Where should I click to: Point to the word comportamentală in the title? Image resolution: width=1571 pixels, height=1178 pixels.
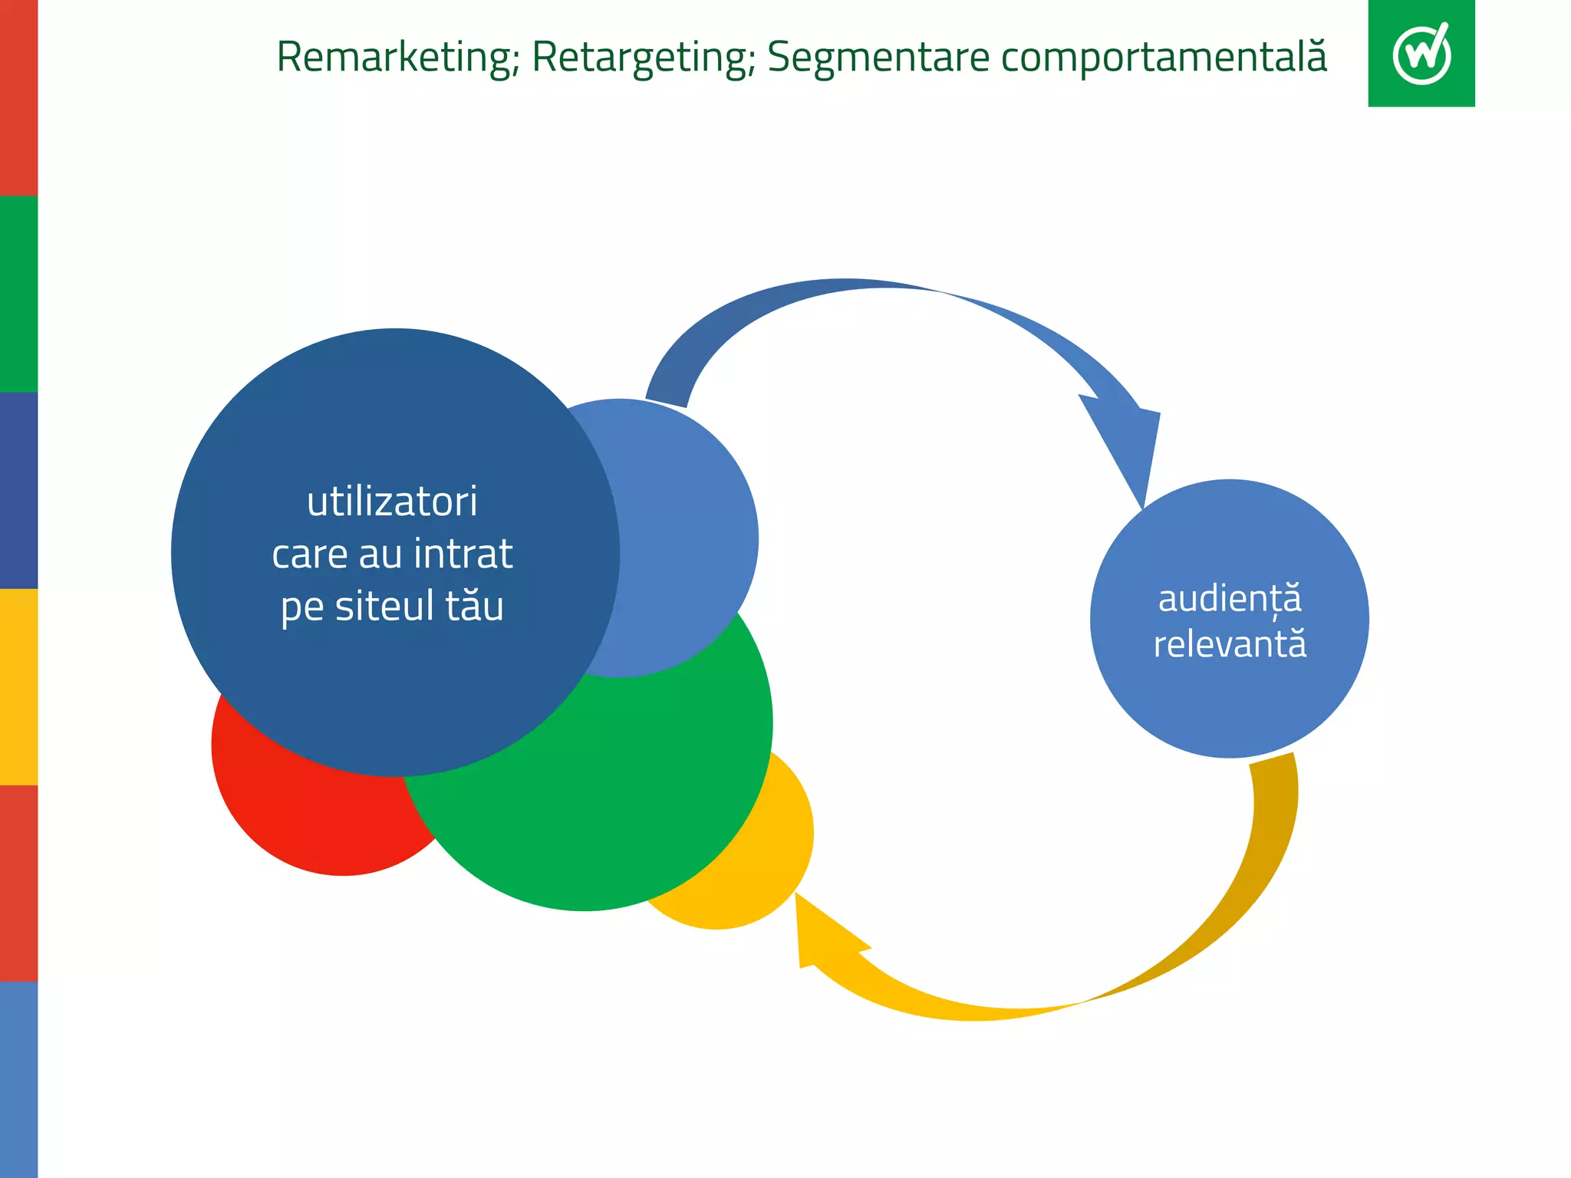click(x=1164, y=58)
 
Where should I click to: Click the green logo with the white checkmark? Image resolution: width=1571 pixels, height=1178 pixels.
click(x=1421, y=54)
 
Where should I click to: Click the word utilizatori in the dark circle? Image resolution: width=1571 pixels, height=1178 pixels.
click(x=392, y=502)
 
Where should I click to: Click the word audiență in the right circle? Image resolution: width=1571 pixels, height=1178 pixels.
click(x=1229, y=599)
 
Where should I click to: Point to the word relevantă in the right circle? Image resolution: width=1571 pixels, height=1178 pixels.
click(x=1229, y=644)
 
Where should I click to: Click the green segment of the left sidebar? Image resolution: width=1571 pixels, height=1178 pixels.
click(x=18, y=294)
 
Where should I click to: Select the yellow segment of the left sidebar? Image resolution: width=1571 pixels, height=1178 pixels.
click(x=18, y=686)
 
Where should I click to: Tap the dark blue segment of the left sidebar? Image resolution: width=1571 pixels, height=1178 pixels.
click(x=18, y=490)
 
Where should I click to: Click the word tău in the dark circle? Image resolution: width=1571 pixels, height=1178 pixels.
click(x=474, y=606)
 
